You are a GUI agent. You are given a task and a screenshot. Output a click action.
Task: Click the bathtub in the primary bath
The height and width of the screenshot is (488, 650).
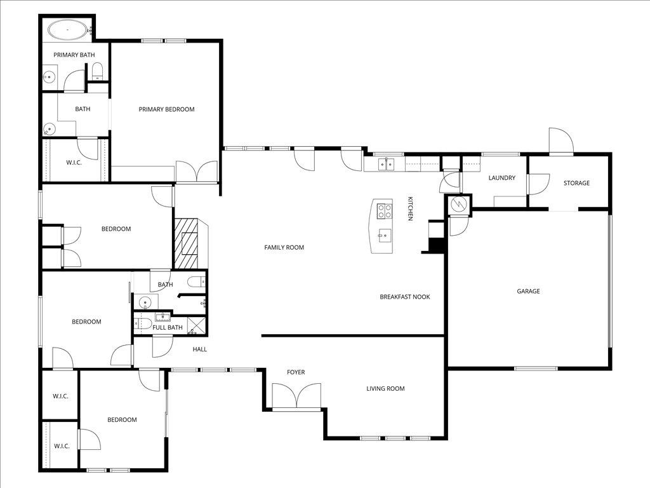tap(67, 29)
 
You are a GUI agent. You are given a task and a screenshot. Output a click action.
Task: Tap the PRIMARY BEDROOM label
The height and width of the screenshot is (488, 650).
tap(166, 109)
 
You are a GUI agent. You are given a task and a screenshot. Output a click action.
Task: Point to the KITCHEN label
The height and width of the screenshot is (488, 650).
tap(411, 208)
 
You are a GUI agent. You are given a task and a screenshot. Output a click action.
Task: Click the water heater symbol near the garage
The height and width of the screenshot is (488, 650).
tap(458, 205)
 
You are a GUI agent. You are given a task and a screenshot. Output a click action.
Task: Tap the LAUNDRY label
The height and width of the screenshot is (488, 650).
tap(501, 178)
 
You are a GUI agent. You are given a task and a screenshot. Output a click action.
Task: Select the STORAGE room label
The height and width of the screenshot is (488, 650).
tap(576, 183)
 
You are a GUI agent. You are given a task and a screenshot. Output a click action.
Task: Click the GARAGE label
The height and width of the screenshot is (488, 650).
tap(528, 291)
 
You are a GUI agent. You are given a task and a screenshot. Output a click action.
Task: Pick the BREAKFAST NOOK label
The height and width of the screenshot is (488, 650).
tap(405, 297)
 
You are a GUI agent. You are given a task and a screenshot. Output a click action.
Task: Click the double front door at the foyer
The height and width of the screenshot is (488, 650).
tap(296, 398)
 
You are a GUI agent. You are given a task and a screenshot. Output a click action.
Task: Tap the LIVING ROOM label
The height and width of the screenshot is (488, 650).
tap(385, 388)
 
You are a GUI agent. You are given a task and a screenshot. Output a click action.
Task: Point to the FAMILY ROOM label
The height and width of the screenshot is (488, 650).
tap(284, 247)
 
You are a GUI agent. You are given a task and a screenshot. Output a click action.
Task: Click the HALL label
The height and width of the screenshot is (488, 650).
tap(199, 349)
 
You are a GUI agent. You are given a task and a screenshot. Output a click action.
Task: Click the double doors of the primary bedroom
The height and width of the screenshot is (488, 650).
tap(196, 172)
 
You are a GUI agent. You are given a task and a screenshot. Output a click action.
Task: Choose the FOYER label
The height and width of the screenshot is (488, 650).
tap(296, 372)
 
